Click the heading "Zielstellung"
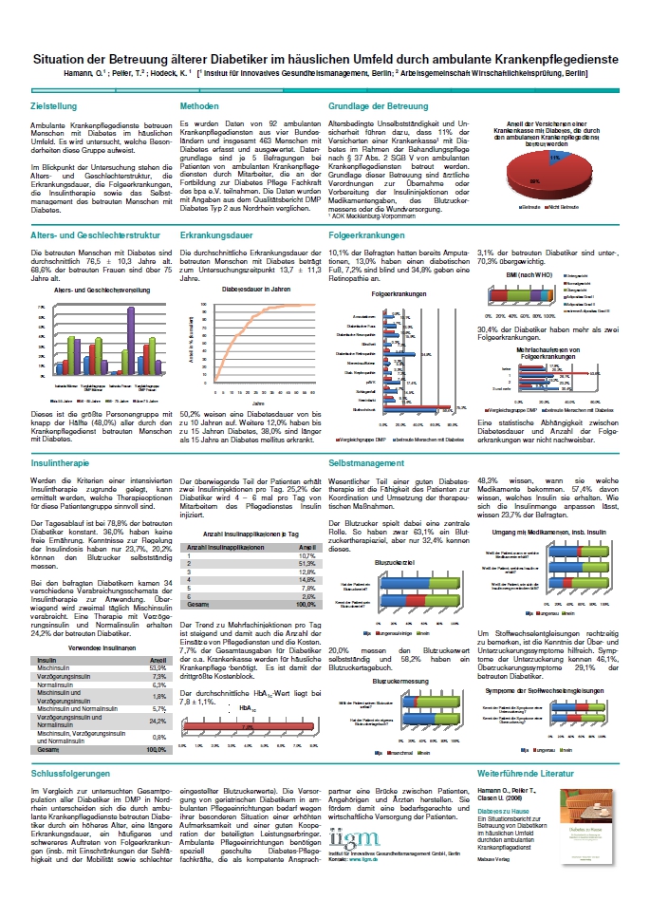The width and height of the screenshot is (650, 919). click(x=53, y=106)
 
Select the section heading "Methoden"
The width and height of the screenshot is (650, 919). click(x=200, y=106)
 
